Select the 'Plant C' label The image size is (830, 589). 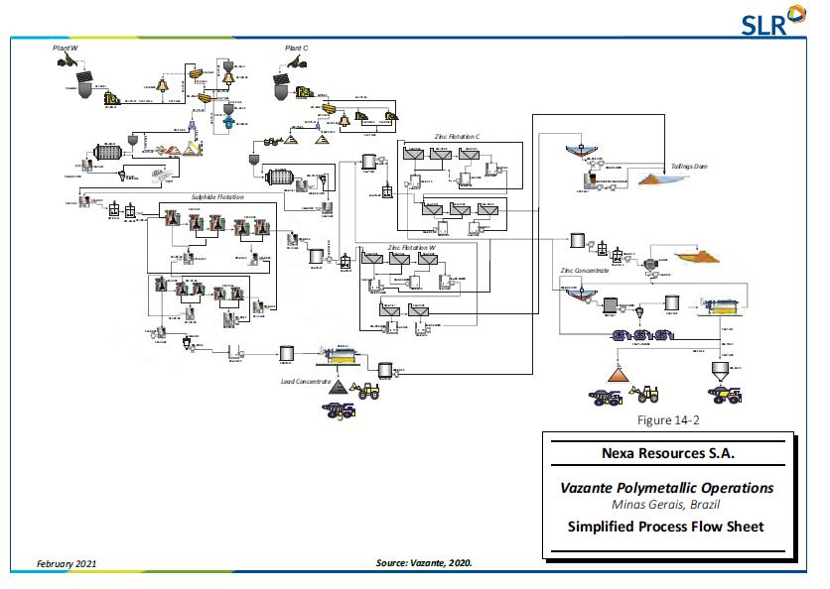[x=298, y=48]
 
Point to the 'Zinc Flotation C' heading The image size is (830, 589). [x=457, y=135]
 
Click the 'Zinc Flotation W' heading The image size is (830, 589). [x=412, y=246]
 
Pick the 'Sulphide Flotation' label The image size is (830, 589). [x=217, y=197]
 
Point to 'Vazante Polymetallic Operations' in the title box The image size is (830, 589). [x=666, y=488]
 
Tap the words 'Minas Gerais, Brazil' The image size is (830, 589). [x=666, y=505]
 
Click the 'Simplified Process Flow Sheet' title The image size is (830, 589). [x=666, y=527]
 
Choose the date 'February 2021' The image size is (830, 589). [x=67, y=563]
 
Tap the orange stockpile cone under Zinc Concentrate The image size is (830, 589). [x=621, y=373]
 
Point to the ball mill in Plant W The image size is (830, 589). [x=107, y=155]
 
